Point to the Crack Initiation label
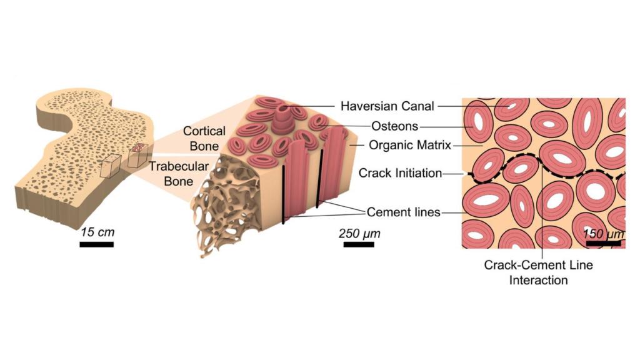401,173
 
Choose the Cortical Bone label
201,139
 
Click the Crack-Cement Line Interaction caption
538,272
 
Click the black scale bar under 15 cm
96,244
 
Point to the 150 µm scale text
602,234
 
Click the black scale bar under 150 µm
604,243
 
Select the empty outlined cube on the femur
111,166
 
